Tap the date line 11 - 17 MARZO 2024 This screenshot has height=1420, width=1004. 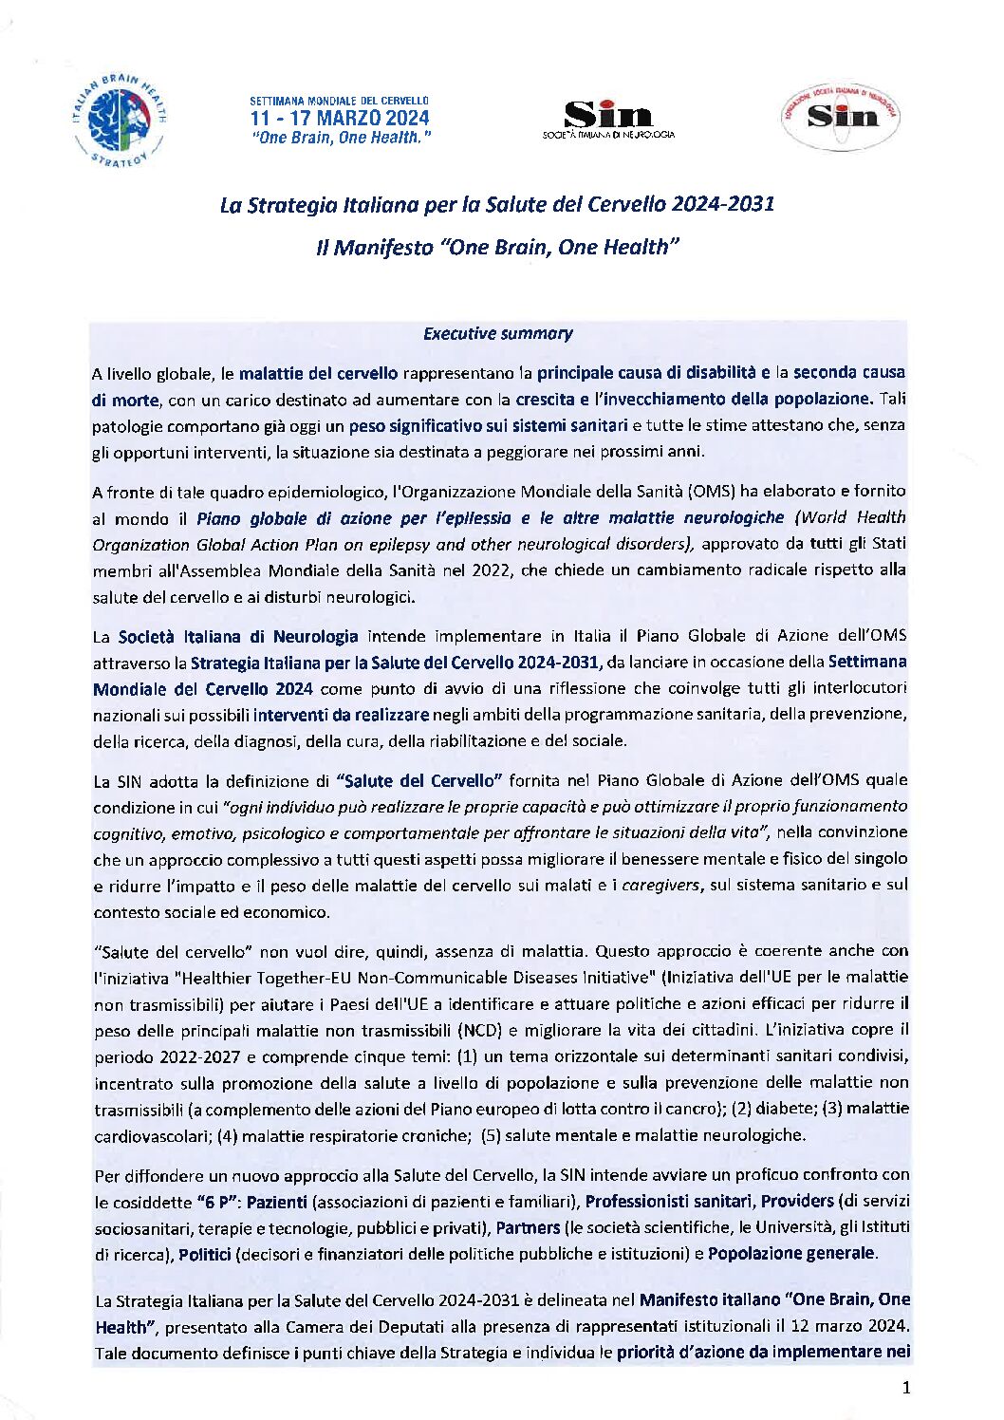click(339, 119)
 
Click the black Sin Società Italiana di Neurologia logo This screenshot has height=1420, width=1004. click(608, 120)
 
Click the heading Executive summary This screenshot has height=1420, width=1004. click(497, 333)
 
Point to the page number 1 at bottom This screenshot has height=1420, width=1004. click(905, 1388)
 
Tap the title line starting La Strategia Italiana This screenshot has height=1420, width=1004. click(497, 204)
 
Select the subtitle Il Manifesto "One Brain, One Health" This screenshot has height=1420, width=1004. click(497, 248)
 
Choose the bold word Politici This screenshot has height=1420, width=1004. click(205, 1254)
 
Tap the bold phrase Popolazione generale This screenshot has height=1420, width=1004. click(791, 1253)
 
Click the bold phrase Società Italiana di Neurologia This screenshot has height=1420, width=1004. click(238, 636)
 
